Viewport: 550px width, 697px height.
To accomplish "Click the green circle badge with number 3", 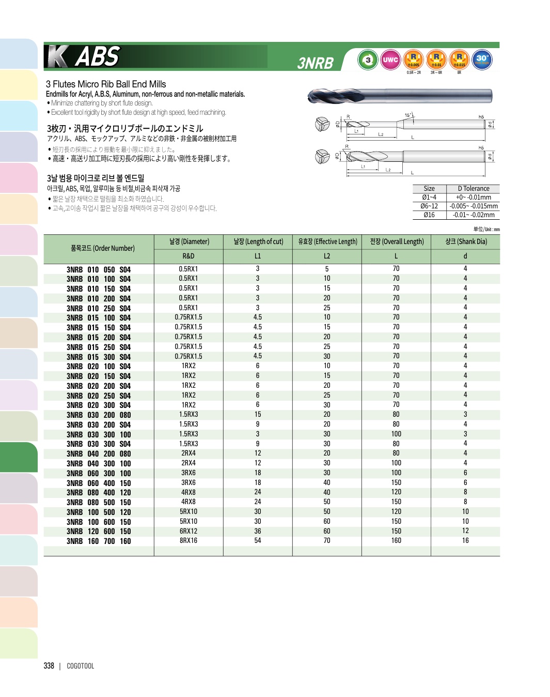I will pyautogui.click(x=368, y=60).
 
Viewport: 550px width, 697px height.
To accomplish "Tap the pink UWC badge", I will pyautogui.click(x=390, y=60).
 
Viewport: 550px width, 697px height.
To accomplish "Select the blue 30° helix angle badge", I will pyautogui.click(x=482, y=60).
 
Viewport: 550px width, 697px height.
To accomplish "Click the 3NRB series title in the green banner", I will pyautogui.click(x=316, y=63).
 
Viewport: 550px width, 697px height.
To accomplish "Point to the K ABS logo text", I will pyautogui.click(x=84, y=56).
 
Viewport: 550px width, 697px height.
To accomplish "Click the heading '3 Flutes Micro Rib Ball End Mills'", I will pyautogui.click(x=106, y=84).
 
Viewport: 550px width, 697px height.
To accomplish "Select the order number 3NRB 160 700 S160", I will pyautogui.click(x=99, y=541).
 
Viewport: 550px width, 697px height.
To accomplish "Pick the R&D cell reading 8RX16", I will pyautogui.click(x=188, y=541).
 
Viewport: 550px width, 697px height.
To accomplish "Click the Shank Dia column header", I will pyautogui.click(x=465, y=241).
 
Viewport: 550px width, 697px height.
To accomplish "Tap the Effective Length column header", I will pyautogui.click(x=327, y=241).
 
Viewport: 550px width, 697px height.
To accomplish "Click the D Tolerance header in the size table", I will pyautogui.click(x=473, y=189).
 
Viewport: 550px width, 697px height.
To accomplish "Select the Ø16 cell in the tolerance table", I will pyautogui.click(x=429, y=215).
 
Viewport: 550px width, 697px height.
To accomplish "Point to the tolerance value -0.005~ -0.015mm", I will pyautogui.click(x=473, y=206).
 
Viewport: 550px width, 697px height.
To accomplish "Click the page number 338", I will pyautogui.click(x=49, y=666).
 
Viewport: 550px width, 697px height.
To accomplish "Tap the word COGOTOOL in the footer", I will pyautogui.click(x=81, y=666).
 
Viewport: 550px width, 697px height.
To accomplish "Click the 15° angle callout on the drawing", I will pyautogui.click(x=408, y=115).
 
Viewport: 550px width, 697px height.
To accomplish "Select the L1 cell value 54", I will pyautogui.click(x=258, y=541).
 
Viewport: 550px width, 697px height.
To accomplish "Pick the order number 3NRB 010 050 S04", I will pyautogui.click(x=99, y=269).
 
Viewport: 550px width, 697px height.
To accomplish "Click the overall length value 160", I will pyautogui.click(x=396, y=541).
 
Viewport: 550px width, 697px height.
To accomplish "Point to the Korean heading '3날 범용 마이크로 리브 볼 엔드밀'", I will pyautogui.click(x=96, y=178).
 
